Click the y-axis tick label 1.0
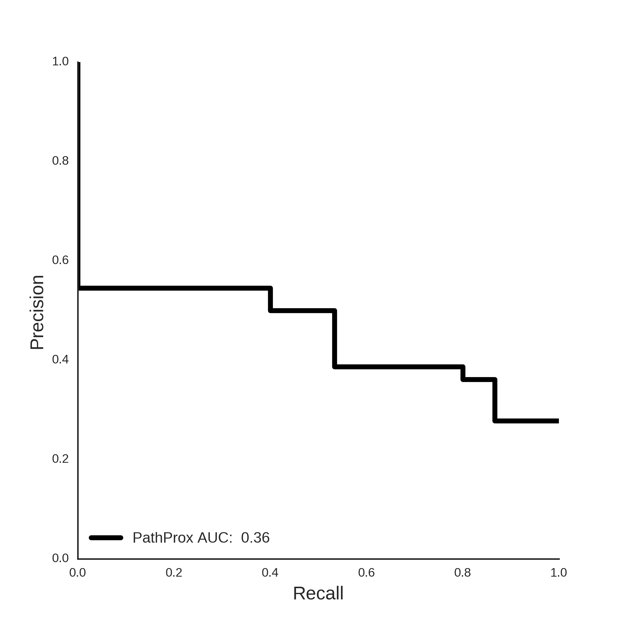pos(60,62)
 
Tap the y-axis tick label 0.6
pos(60,260)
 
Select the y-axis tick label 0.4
pos(60,359)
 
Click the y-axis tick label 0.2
pos(60,459)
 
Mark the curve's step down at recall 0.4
pos(271,299)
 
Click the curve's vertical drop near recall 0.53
pos(335,339)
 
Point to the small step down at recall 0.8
pos(463,373)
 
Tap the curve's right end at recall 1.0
pos(559,421)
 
